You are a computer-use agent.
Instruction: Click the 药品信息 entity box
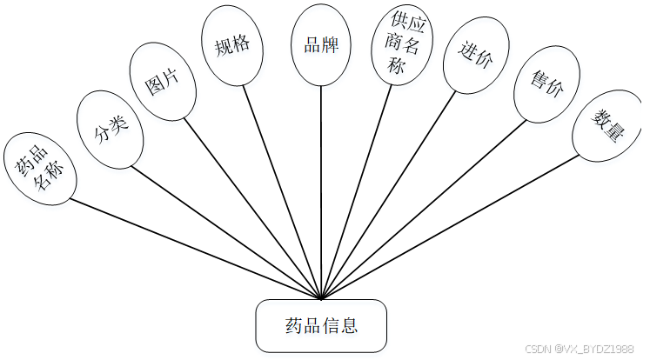[321, 326]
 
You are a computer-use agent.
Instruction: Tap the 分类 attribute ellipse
[110, 130]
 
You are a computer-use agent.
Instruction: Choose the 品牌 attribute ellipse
[321, 44]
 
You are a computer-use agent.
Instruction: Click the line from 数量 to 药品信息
[452, 227]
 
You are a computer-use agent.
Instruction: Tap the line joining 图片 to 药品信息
[254, 209]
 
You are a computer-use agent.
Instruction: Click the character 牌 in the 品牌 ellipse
[331, 44]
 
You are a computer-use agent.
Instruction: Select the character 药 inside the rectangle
[294, 327]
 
